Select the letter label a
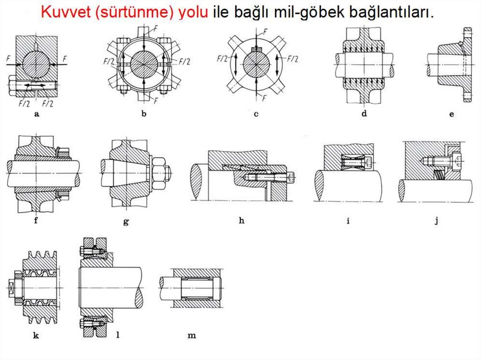[37, 115]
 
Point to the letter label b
[144, 114]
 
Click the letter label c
[256, 115]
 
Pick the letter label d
[364, 114]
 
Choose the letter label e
[451, 115]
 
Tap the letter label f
[36, 220]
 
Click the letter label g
[126, 222]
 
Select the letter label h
[241, 221]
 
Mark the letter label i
[348, 221]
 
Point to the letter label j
[436, 221]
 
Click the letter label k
[36, 335]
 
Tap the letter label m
[192, 336]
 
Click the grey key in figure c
[256, 49]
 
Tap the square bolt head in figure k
[11, 288]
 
